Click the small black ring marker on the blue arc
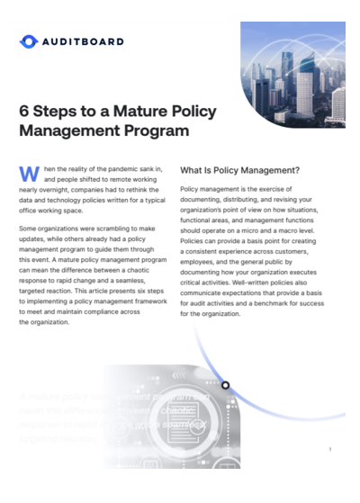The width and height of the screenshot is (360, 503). point(225,385)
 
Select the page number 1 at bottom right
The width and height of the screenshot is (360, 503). point(330,449)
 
